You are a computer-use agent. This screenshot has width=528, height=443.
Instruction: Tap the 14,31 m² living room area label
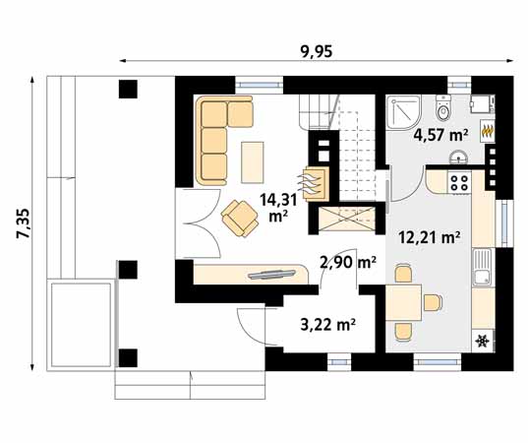[x=275, y=206]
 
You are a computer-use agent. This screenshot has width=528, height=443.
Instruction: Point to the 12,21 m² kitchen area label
[x=431, y=236]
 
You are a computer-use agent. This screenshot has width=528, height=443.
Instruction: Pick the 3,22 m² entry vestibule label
[x=325, y=322]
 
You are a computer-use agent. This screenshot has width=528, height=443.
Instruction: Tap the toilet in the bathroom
[x=443, y=105]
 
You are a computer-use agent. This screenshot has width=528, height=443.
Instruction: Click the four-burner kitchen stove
[x=459, y=181]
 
